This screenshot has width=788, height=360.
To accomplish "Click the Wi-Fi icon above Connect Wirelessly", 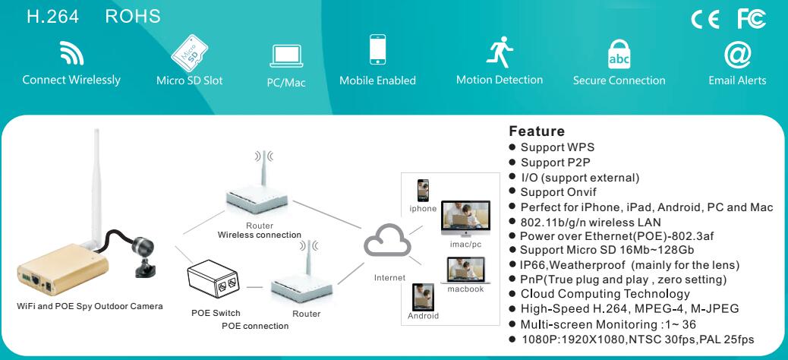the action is coord(71,53).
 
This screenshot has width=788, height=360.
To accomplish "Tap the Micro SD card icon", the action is coord(190,53).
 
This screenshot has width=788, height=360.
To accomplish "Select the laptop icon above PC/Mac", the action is coord(286,55).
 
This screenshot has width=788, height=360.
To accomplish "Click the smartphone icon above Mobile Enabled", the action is coord(378,49).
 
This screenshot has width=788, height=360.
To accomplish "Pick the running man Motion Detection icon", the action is coord(500,52).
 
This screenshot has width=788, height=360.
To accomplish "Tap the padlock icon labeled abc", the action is coord(619,54).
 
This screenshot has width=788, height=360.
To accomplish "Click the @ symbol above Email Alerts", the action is coord(737,55).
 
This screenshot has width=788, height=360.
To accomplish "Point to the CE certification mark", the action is coord(705,20).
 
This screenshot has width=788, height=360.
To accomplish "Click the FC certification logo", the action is coord(752,19).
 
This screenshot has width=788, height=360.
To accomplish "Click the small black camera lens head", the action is coord(143,246).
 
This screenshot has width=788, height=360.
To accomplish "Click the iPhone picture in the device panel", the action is coord(423,191).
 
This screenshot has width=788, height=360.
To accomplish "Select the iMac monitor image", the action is coord(465,218).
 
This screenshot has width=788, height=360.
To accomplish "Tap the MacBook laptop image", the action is coord(466,270).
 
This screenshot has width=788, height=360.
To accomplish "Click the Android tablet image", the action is coord(423,297).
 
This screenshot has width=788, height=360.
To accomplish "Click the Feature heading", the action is coord(537,131).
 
